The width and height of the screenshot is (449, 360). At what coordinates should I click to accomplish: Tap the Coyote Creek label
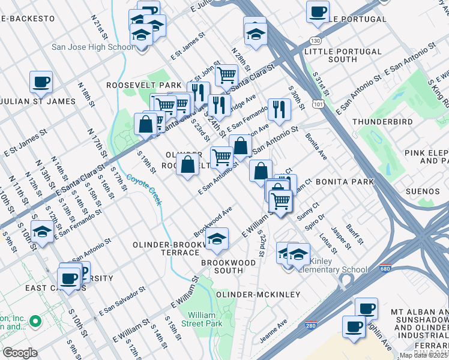pyautogui.click(x=145, y=190)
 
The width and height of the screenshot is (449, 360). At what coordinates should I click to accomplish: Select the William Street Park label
pyautogui.click(x=205, y=319)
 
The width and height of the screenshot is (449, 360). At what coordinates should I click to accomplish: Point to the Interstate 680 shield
pyautogui.click(x=382, y=269)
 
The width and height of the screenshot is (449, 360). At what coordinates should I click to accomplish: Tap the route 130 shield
pyautogui.click(x=315, y=40)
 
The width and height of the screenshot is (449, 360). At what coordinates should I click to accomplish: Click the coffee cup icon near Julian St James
pyautogui.click(x=41, y=82)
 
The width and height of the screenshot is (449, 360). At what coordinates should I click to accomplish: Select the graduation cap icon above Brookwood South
pyautogui.click(x=217, y=239)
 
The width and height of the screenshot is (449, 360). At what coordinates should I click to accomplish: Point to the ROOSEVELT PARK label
pyautogui.click(x=143, y=85)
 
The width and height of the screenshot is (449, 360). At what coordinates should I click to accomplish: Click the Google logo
pyautogui.click(x=20, y=352)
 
